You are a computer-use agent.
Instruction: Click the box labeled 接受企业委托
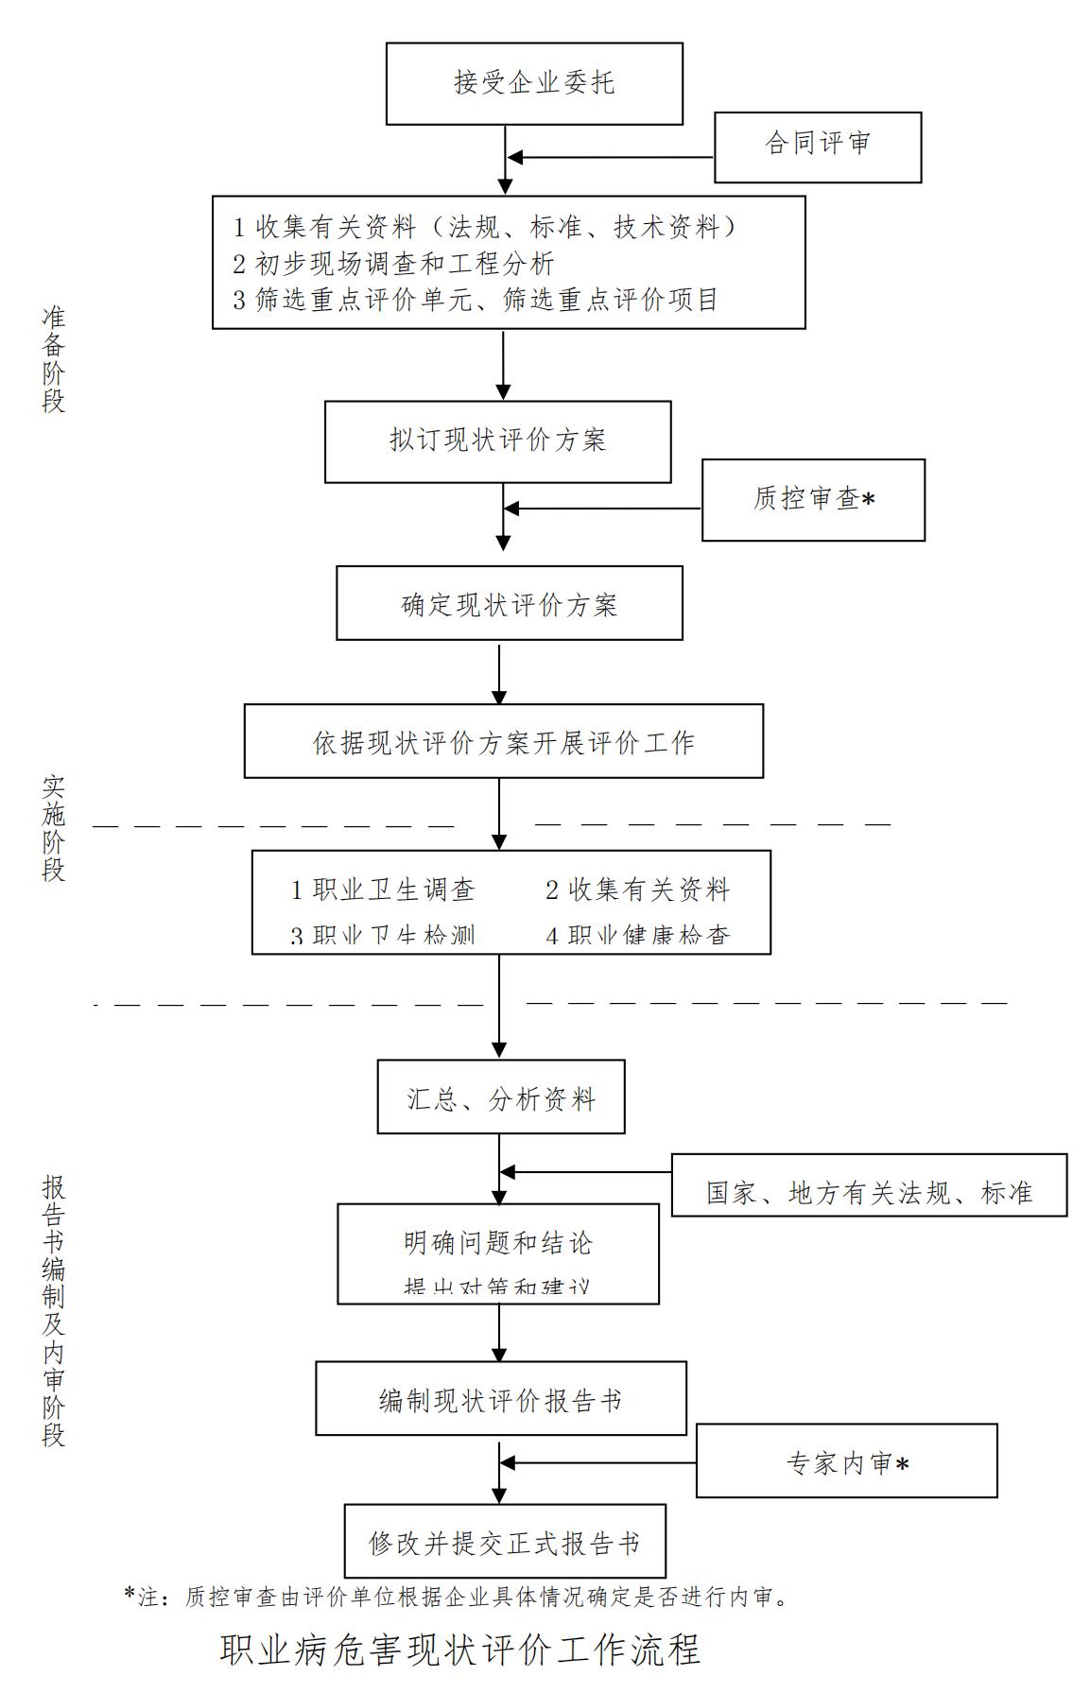tap(534, 83)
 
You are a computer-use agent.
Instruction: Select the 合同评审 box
tap(817, 147)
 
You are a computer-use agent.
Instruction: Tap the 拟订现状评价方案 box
tap(497, 441)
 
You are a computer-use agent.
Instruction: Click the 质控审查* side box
tap(813, 499)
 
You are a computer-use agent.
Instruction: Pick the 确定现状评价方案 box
tap(509, 603)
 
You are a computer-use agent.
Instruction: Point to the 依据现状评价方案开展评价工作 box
tap(503, 741)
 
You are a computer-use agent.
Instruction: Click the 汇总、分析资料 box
tap(500, 1097)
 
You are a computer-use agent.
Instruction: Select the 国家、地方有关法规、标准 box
tap(869, 1184)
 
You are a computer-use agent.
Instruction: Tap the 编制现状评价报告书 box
tap(500, 1398)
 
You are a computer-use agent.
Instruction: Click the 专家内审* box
tap(846, 1460)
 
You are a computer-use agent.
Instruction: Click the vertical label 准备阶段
tap(54, 358)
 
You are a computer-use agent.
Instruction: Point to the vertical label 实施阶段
tap(54, 828)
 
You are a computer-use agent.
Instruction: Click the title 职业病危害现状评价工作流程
tap(460, 1650)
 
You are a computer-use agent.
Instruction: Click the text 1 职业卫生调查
tap(383, 890)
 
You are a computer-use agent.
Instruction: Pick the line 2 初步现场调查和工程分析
tap(394, 263)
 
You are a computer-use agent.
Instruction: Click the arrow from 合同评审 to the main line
tap(610, 157)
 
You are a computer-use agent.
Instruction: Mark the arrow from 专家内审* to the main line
tap(598, 1462)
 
